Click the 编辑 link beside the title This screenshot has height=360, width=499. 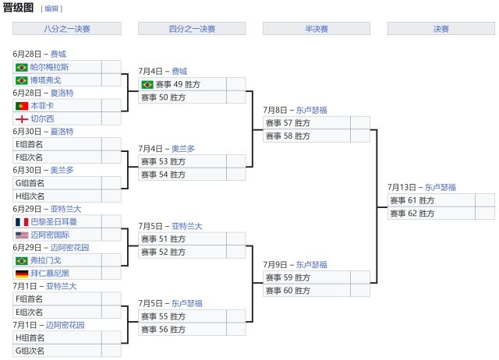click(51, 9)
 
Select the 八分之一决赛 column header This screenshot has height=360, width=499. click(67, 29)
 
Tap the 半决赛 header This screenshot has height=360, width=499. click(316, 29)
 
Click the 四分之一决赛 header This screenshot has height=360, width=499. click(192, 29)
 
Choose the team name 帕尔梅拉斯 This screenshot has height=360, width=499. click(49, 67)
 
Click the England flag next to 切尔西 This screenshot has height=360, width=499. click(21, 118)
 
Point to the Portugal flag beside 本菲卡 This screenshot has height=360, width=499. click(21, 105)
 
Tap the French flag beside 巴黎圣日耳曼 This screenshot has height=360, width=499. click(21, 221)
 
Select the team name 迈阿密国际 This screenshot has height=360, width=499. click(50, 235)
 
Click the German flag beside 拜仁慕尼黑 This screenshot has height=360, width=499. click(21, 274)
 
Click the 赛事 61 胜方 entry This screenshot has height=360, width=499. click(412, 200)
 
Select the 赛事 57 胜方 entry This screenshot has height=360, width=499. click(288, 123)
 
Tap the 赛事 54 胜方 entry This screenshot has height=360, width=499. click(163, 175)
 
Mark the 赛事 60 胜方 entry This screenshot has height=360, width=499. click(288, 291)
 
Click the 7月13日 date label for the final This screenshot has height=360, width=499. click(402, 187)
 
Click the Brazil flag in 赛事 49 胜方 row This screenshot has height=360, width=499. click(147, 84)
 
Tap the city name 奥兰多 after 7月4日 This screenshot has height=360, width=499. click(183, 148)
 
